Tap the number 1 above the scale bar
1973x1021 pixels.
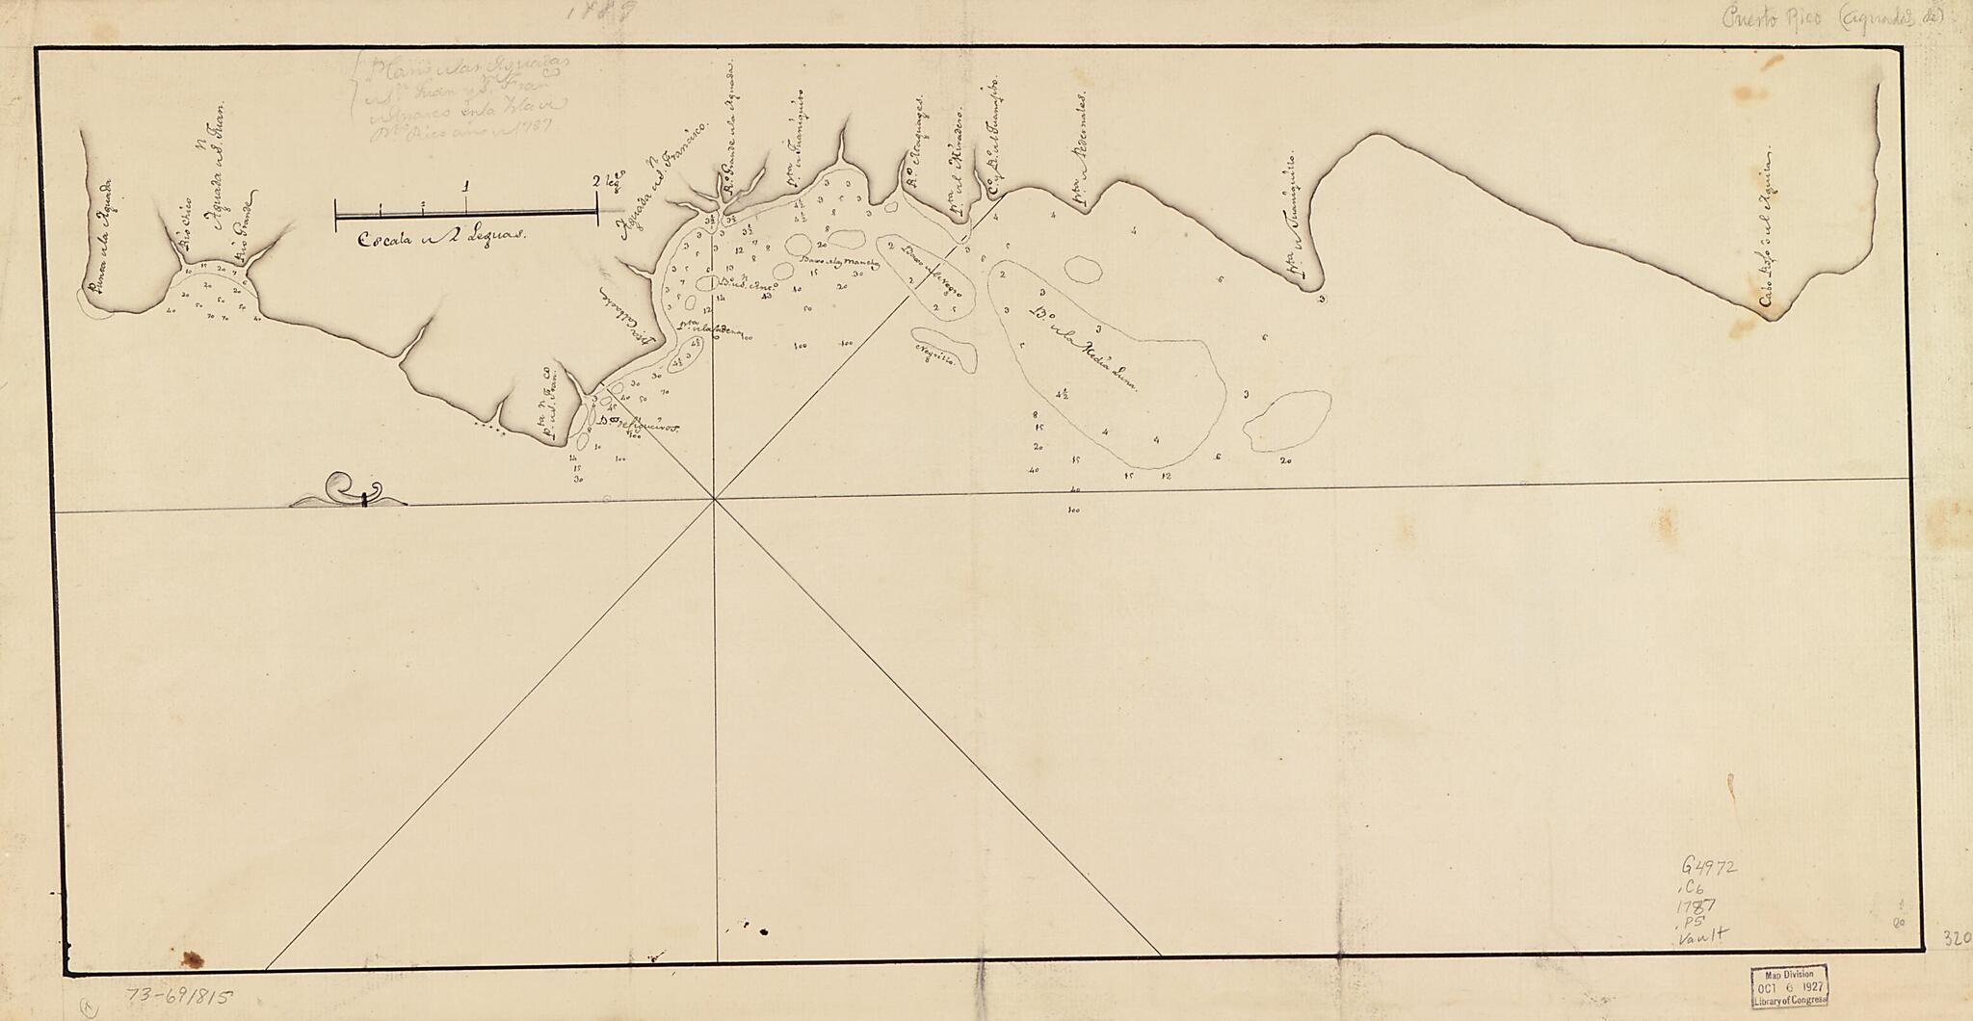click(x=466, y=185)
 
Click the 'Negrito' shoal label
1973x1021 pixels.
click(x=939, y=354)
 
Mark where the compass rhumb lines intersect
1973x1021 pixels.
click(x=714, y=499)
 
